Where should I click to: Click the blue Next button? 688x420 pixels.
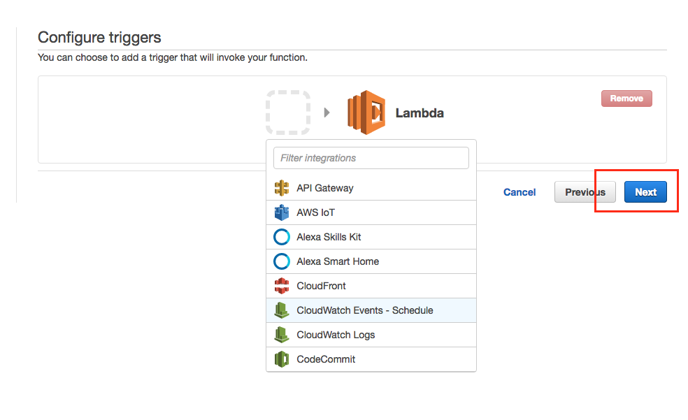click(x=645, y=192)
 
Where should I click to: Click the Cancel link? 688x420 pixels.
click(x=519, y=192)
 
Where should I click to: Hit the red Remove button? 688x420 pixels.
click(x=626, y=99)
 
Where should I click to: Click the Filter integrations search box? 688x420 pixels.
click(x=371, y=158)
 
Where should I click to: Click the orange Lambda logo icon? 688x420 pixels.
click(x=366, y=113)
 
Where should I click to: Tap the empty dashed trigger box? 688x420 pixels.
click(x=288, y=113)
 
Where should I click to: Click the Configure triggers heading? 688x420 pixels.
click(x=99, y=37)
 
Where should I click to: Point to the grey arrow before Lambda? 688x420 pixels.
click(x=327, y=113)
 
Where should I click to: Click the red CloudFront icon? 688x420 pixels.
click(x=282, y=286)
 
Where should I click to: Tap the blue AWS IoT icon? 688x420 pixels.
click(x=282, y=212)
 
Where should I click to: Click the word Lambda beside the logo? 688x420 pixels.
click(x=420, y=113)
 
